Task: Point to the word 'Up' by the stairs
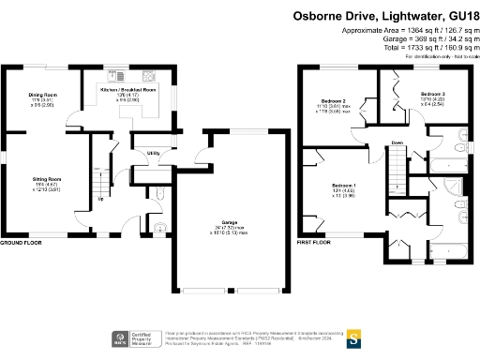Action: click(100, 198)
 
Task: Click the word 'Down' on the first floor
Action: click(397, 143)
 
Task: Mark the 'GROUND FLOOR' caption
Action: click(22, 243)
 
